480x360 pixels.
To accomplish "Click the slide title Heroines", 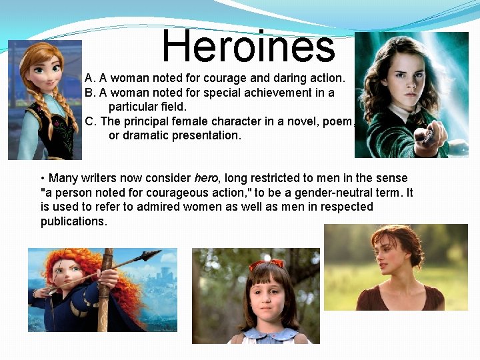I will (x=248, y=47).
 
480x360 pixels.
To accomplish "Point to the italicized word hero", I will (x=205, y=178).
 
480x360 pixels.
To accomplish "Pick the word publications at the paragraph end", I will (x=73, y=221).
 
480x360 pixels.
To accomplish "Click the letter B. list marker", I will (x=90, y=93).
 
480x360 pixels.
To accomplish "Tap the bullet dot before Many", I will (x=43, y=179).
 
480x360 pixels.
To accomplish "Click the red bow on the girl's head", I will (x=267, y=265).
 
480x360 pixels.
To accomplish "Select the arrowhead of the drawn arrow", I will (x=152, y=254).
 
